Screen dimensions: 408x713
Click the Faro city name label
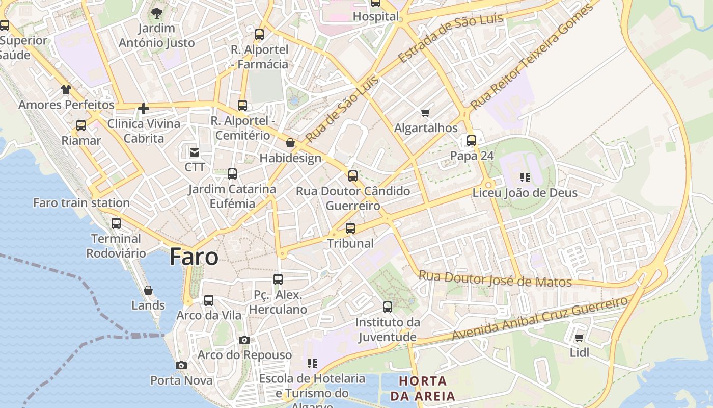pyautogui.click(x=194, y=257)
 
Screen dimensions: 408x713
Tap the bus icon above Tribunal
pyautogui.click(x=350, y=228)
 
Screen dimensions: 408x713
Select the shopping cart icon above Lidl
pyautogui.click(x=579, y=338)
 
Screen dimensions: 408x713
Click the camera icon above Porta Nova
pyautogui.click(x=181, y=365)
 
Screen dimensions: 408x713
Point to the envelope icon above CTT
pyautogui.click(x=195, y=152)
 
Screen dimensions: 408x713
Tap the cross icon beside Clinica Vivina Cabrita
pyautogui.click(x=144, y=108)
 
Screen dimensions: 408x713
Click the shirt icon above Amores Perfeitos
pyautogui.click(x=66, y=90)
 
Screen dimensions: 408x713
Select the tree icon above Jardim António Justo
pyautogui.click(x=156, y=13)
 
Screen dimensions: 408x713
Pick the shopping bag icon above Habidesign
pyautogui.click(x=290, y=143)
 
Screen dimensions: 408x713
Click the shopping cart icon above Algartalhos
pyautogui.click(x=426, y=113)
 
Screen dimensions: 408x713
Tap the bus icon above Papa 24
pyautogui.click(x=472, y=140)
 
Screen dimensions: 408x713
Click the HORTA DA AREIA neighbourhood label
pyautogui.click(x=423, y=388)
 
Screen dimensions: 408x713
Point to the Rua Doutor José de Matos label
pyautogui.click(x=495, y=278)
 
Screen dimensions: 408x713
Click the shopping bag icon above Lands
pyautogui.click(x=148, y=290)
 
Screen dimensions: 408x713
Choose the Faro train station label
pyautogui.click(x=81, y=203)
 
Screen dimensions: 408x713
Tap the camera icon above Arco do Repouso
pyautogui.click(x=244, y=340)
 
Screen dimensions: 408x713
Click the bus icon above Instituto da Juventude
pyautogui.click(x=388, y=307)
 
